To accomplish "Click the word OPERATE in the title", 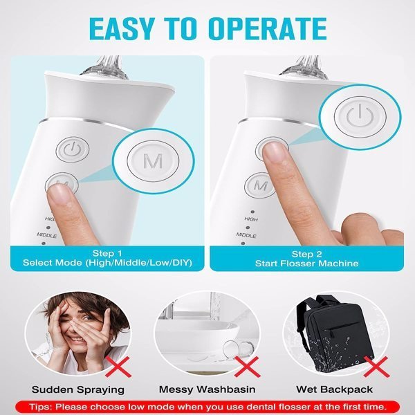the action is click(268, 29).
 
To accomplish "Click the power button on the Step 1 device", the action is click(72, 149).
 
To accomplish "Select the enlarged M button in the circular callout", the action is click(153, 160).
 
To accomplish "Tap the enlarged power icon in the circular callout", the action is click(360, 116).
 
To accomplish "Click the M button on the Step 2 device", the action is click(260, 185).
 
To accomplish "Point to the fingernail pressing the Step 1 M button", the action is click(61, 194).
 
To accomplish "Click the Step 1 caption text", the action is click(107, 258).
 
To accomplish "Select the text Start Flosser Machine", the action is click(306, 264).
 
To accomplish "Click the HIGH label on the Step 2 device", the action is click(251, 219).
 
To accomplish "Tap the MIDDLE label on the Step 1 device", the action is click(47, 235).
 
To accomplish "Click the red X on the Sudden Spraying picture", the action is click(118, 367).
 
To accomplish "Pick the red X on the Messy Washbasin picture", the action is click(247, 367).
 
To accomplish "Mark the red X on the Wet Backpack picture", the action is click(377, 367).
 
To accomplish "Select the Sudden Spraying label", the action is click(77, 389).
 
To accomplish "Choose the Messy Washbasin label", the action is click(207, 389).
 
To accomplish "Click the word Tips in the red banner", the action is click(39, 406).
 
